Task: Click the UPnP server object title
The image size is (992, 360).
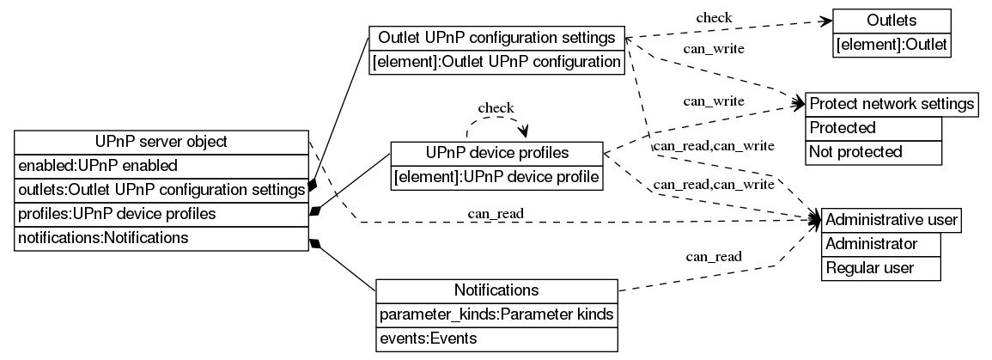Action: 161,141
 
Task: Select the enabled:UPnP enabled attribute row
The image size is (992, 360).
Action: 161,164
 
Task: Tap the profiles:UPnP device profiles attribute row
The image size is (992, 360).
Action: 161,212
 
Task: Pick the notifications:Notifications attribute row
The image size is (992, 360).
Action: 161,237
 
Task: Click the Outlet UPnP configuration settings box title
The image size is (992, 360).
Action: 496,38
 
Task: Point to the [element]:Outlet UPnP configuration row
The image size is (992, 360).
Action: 496,62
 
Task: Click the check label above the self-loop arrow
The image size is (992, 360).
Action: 496,108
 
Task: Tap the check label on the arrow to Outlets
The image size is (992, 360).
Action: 714,16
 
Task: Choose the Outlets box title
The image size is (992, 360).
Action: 892,21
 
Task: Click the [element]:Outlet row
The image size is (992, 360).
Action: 892,45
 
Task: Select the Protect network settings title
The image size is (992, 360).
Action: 891,104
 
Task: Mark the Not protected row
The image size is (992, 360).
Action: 873,152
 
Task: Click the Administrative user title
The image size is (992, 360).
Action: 891,220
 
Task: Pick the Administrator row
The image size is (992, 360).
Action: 880,244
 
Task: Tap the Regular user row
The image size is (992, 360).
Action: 880,268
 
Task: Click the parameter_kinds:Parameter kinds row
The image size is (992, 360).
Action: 496,314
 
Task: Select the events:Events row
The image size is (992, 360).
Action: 496,339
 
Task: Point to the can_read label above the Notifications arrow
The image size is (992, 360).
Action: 713,255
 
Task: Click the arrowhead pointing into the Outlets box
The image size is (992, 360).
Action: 826,21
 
